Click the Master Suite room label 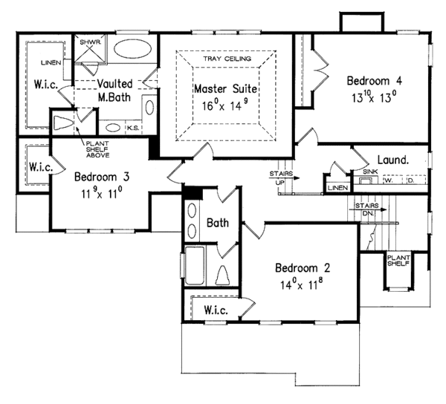225,89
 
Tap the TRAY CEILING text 227,58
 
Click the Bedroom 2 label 303,267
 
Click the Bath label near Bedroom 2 218,222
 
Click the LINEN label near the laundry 338,189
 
